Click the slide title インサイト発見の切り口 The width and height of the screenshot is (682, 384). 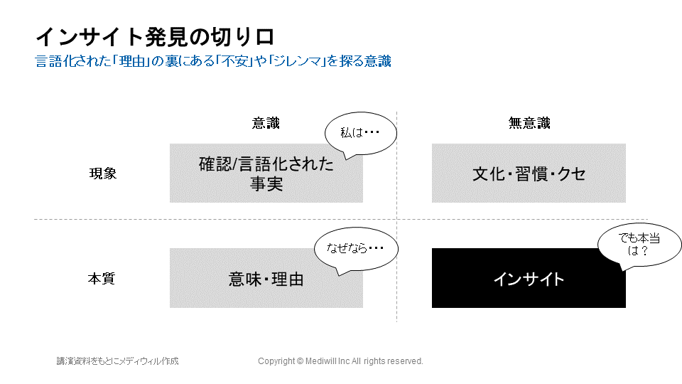155,37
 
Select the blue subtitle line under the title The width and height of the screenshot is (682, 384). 213,61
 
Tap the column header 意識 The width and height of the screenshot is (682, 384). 266,123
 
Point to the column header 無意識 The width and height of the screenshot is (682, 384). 529,123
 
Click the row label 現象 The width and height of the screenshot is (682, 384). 103,174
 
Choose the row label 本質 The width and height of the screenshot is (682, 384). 102,278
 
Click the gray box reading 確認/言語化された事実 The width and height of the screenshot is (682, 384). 266,174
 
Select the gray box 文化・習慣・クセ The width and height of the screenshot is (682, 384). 529,174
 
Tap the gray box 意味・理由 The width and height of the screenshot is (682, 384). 266,278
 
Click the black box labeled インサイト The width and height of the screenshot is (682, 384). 529,278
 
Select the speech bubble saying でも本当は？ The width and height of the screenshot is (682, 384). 639,245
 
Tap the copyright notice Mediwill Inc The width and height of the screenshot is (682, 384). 340,361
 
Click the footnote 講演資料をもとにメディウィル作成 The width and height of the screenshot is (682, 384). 117,361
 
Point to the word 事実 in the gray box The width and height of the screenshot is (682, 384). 266,184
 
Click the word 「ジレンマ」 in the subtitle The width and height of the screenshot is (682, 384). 297,61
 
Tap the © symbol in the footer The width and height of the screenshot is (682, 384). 300,361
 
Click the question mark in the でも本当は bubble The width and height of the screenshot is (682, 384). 644,251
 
